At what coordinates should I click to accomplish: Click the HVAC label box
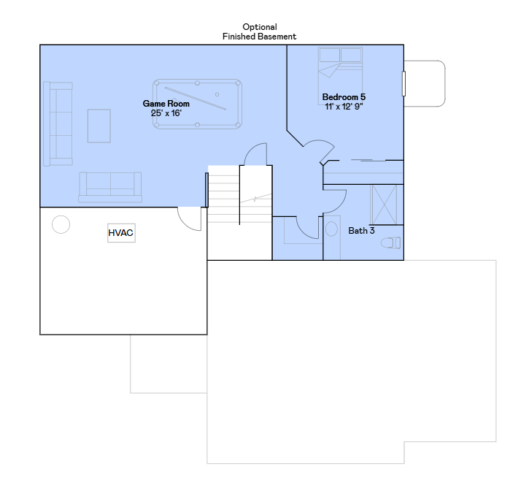(x=121, y=232)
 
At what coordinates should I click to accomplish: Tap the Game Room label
(x=166, y=104)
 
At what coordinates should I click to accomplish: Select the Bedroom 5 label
(x=344, y=97)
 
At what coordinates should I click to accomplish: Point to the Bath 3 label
(x=361, y=231)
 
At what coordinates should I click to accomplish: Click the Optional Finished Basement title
(x=260, y=31)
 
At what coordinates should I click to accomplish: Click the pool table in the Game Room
(x=197, y=104)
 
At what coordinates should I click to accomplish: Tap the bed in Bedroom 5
(x=341, y=71)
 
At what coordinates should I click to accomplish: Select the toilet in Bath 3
(x=391, y=243)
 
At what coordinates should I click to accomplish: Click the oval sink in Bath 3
(x=332, y=229)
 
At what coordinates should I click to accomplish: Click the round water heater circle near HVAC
(x=61, y=224)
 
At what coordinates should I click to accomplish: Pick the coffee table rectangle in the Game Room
(x=99, y=126)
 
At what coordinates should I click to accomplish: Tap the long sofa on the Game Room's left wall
(x=58, y=124)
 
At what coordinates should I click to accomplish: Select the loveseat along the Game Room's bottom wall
(x=110, y=188)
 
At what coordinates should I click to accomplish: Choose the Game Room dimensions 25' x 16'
(x=166, y=113)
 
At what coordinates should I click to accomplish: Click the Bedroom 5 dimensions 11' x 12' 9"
(x=344, y=107)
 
